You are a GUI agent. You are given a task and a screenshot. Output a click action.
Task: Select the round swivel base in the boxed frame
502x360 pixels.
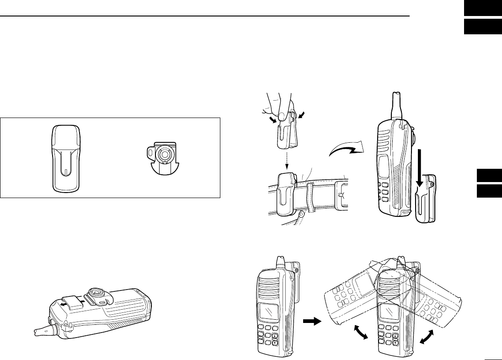coord(163,156)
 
